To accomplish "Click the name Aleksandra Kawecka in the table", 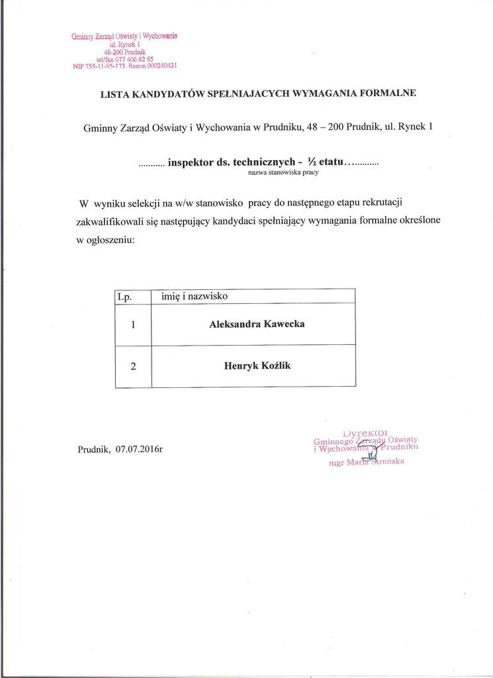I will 257,324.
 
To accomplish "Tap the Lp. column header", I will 124,297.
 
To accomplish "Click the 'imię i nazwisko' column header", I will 195,296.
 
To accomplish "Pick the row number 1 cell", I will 133,325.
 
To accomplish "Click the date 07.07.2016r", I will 139,450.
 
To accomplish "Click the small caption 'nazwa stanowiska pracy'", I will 283,172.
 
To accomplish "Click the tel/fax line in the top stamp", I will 124,58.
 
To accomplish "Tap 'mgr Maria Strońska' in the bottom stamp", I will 366,462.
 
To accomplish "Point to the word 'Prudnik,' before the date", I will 95,450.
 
